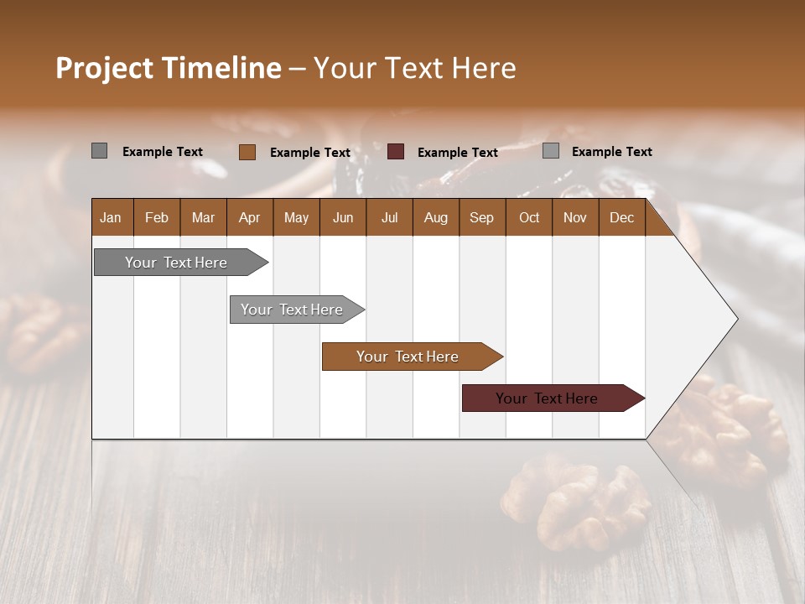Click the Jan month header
pyautogui.click(x=111, y=217)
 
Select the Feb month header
pyautogui.click(x=157, y=217)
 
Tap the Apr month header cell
pyautogui.click(x=249, y=217)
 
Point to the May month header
pyautogui.click(x=296, y=217)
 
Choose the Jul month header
pyautogui.click(x=389, y=217)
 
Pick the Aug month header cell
pyautogui.click(x=435, y=217)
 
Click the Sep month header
pyautogui.click(x=481, y=217)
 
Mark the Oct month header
pyautogui.click(x=529, y=217)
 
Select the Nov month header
pyautogui.click(x=575, y=217)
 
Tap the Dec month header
pyautogui.click(x=621, y=217)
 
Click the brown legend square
pyautogui.click(x=247, y=152)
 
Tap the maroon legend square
pyautogui.click(x=396, y=152)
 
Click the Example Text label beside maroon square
pyautogui.click(x=457, y=153)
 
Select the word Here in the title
pyautogui.click(x=485, y=68)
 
